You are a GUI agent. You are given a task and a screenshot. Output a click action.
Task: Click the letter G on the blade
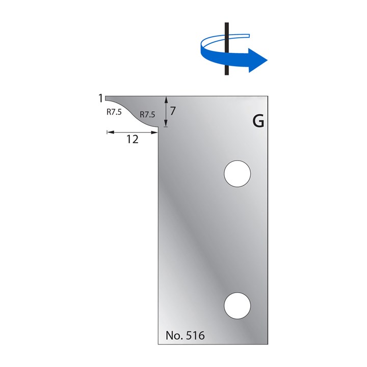pos(258,122)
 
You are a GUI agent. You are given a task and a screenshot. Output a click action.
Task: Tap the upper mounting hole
pos(238,174)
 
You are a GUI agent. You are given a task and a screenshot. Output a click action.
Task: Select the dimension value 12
pos(132,140)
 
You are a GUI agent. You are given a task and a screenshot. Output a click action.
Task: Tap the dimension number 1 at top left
pos(101,98)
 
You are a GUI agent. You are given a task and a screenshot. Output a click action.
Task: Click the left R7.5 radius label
pos(114,113)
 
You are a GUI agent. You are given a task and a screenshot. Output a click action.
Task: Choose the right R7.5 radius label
pos(147,115)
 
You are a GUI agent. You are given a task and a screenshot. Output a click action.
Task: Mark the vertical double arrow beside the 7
pos(166,112)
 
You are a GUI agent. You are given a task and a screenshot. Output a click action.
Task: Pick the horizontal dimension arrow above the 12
pos(132,132)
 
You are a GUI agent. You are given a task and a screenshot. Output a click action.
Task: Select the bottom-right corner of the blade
pos(268,345)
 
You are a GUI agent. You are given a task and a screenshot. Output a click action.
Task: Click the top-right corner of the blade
pos(268,95)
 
